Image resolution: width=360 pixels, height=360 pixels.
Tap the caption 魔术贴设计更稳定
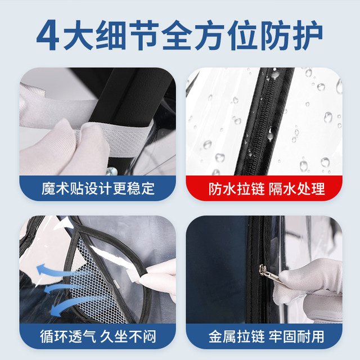click(x=99, y=187)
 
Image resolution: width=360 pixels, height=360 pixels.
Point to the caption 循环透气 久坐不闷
click(x=99, y=336)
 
